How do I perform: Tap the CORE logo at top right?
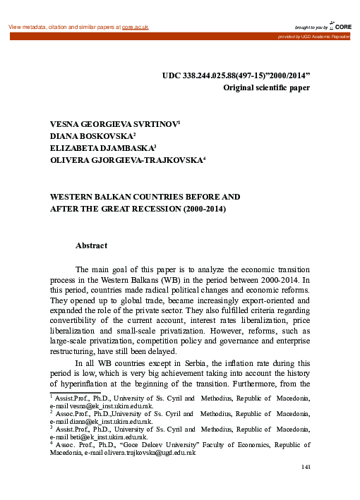[344, 26]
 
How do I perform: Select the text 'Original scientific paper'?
[266, 88]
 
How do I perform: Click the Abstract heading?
[91, 245]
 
